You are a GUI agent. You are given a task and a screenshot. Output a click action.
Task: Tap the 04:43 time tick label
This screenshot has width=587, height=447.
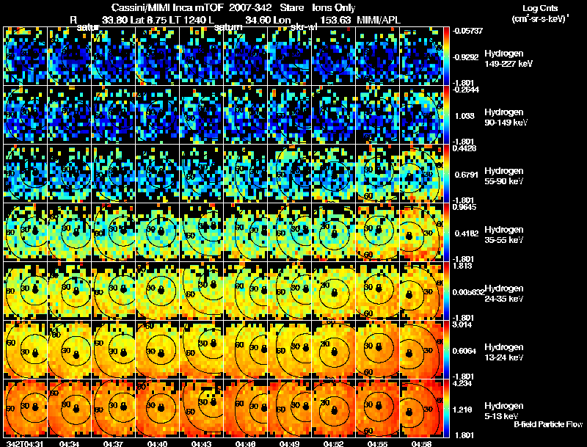pyautogui.click(x=203, y=443)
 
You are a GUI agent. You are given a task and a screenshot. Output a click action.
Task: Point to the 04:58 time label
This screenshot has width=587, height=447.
pyautogui.click(x=421, y=443)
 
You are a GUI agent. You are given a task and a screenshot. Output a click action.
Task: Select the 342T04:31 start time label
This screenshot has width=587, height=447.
pyautogui.click(x=23, y=443)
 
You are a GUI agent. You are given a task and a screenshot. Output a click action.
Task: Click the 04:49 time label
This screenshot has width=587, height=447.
pyautogui.click(x=290, y=443)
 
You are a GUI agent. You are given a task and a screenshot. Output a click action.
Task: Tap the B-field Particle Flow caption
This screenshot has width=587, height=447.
pyautogui.click(x=548, y=424)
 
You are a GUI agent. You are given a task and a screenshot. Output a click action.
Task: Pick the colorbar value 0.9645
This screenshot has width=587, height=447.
pyautogui.click(x=465, y=208)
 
